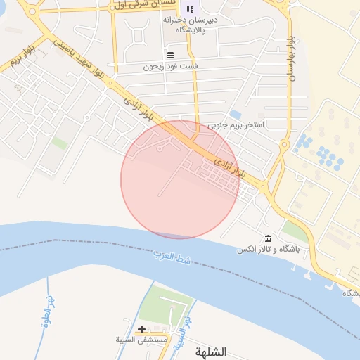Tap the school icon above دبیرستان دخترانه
(190, 9)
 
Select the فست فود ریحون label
(171, 66)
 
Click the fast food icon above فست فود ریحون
(170, 54)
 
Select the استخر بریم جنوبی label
(236, 127)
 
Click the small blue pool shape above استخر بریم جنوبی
(236, 114)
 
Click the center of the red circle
(180, 180)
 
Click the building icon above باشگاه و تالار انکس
(268, 238)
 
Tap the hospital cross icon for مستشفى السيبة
(142, 329)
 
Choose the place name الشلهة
(211, 352)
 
